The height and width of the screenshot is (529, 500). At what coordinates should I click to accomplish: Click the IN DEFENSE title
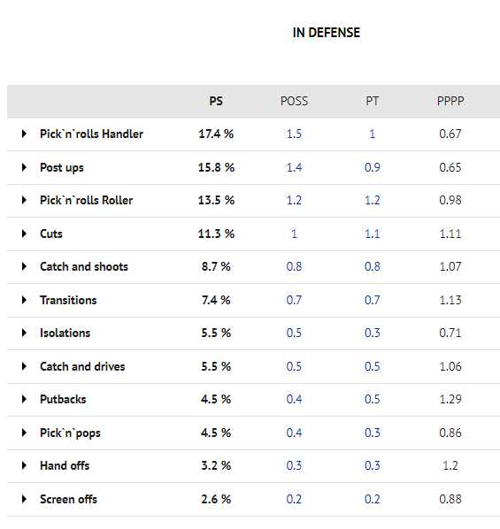(327, 33)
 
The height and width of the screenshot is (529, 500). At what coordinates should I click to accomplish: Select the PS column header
(216, 101)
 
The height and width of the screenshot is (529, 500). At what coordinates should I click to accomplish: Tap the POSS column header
(294, 101)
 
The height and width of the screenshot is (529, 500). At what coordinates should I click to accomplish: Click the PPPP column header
(450, 101)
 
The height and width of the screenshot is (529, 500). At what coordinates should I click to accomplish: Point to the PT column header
(372, 101)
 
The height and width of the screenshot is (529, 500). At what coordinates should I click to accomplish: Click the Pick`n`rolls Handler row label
(91, 134)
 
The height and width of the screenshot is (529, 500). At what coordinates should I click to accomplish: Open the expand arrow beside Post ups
(24, 167)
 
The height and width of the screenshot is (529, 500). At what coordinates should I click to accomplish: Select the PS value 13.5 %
(216, 200)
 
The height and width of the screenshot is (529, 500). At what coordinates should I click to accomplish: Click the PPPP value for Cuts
(450, 234)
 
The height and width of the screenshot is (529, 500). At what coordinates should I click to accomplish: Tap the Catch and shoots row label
(84, 266)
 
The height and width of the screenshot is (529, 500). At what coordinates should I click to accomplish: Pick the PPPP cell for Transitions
(450, 300)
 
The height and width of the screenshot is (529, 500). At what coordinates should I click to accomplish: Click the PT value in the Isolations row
(372, 333)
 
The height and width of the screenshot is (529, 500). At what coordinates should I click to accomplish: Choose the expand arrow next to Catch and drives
(24, 366)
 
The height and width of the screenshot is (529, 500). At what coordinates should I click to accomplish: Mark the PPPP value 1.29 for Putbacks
(450, 399)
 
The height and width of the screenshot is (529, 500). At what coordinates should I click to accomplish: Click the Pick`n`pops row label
(70, 433)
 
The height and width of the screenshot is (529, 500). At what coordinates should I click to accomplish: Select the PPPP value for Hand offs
(450, 465)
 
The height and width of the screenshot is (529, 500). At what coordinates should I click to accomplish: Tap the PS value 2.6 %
(216, 499)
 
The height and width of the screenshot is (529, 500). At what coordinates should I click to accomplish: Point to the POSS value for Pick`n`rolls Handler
(294, 134)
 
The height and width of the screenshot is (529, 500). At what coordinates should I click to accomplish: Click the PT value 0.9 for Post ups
(372, 167)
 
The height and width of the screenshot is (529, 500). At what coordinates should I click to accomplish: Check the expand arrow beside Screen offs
(24, 499)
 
